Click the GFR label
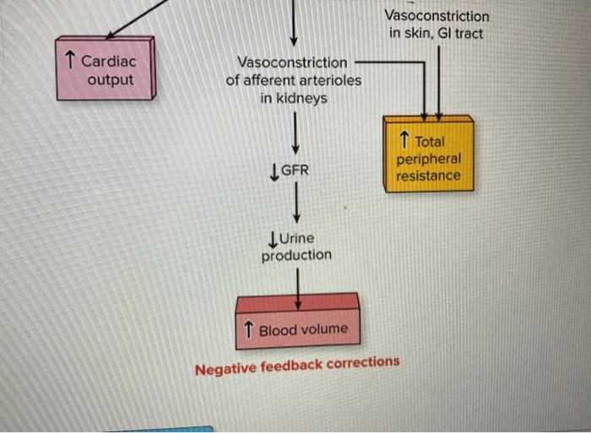tap(294, 170)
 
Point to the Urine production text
tap(295, 246)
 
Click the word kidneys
tap(294, 99)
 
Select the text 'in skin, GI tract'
tap(436, 33)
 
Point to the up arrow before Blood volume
tap(249, 329)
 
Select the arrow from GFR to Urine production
tap(295, 204)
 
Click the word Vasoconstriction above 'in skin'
tap(436, 15)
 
